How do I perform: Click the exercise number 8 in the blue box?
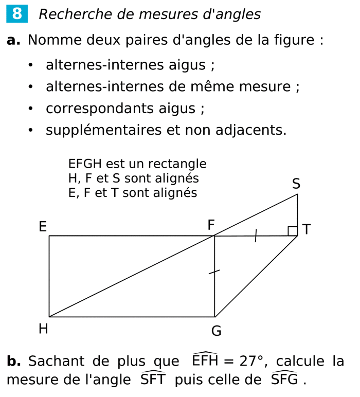tap(17, 14)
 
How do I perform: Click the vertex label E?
tap(43, 227)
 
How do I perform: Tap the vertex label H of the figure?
tap(43, 329)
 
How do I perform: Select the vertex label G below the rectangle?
tap(217, 331)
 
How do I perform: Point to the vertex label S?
tap(296, 184)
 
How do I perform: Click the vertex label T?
tap(307, 229)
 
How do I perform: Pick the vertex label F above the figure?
tap(211, 225)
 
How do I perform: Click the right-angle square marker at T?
tap(293, 231)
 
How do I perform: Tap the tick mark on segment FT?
tap(256, 237)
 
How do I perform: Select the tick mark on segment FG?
tap(214, 272)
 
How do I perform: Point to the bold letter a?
tap(13, 40)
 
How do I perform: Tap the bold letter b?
tap(13, 361)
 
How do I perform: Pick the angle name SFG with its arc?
tap(284, 379)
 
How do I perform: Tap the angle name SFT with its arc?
tap(153, 379)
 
